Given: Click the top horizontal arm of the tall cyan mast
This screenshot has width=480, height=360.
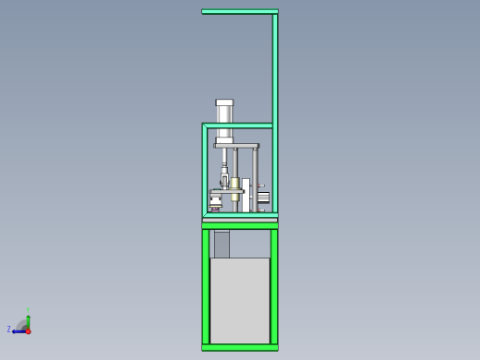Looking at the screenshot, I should click(239, 11).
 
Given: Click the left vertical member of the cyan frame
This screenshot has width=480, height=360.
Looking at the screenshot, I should click(205, 171).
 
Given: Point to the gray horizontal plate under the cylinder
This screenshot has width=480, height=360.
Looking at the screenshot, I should click(236, 145).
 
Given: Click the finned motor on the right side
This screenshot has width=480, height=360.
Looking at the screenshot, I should click(264, 197).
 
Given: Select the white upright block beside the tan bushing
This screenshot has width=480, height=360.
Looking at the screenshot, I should click(246, 194).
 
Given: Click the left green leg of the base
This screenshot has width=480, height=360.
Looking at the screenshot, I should click(206, 286).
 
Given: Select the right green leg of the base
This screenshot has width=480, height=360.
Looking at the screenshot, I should click(274, 286).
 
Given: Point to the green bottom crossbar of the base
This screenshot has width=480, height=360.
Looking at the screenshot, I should click(240, 347).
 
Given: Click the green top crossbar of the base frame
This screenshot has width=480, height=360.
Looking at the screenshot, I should click(240, 225).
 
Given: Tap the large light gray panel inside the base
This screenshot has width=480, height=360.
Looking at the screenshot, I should click(240, 300).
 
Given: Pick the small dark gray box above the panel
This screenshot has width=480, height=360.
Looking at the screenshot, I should click(222, 245).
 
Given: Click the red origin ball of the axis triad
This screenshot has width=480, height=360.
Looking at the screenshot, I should click(28, 330).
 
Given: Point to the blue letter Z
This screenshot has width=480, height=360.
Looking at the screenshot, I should click(9, 329).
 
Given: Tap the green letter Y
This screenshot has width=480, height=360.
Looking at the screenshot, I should click(28, 310).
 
